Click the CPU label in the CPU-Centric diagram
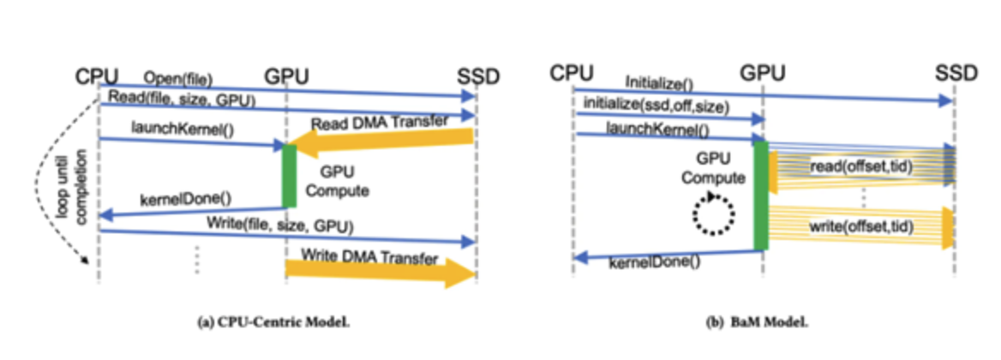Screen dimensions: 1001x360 point(97,77)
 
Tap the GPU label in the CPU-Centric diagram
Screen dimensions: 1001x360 point(286,77)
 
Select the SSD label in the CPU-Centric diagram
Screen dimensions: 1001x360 point(478,77)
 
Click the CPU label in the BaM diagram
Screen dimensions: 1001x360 point(572,73)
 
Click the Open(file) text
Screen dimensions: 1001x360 point(178,79)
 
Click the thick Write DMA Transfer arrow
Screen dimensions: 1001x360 point(381,271)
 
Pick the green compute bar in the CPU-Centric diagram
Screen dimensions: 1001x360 point(289,177)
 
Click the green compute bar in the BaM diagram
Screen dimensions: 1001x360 point(761,195)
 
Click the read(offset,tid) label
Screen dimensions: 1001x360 point(860,167)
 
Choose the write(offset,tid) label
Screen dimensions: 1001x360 point(860,226)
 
